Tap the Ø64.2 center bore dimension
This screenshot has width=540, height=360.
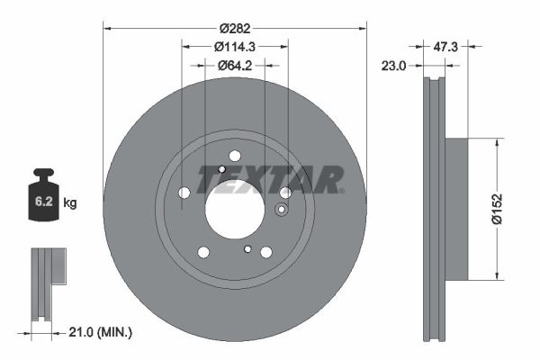[x=236, y=65]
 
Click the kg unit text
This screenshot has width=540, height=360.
[x=70, y=203]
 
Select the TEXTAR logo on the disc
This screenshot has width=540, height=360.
[x=269, y=180]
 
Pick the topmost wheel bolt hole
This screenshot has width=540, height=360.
[x=235, y=155]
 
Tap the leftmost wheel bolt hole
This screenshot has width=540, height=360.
[x=184, y=193]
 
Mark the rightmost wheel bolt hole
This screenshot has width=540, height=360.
[x=285, y=193]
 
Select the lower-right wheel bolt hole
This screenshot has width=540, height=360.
[x=266, y=252]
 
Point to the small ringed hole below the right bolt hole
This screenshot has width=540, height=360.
[x=280, y=211]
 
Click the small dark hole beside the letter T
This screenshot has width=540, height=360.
[x=222, y=169]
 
